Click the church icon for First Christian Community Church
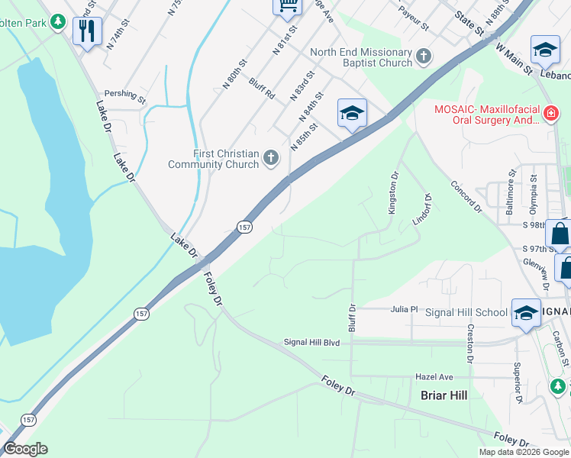coord(270,158)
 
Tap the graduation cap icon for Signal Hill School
coord(525,313)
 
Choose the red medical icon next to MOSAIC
coord(551,114)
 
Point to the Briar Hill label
coord(444,395)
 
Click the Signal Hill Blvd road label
coord(311,343)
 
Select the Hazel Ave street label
coord(434,377)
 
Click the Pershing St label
coord(124,95)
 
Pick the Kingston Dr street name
coord(394,192)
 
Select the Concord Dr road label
coord(466,197)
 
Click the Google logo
coord(25,449)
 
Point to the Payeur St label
coord(415,15)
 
